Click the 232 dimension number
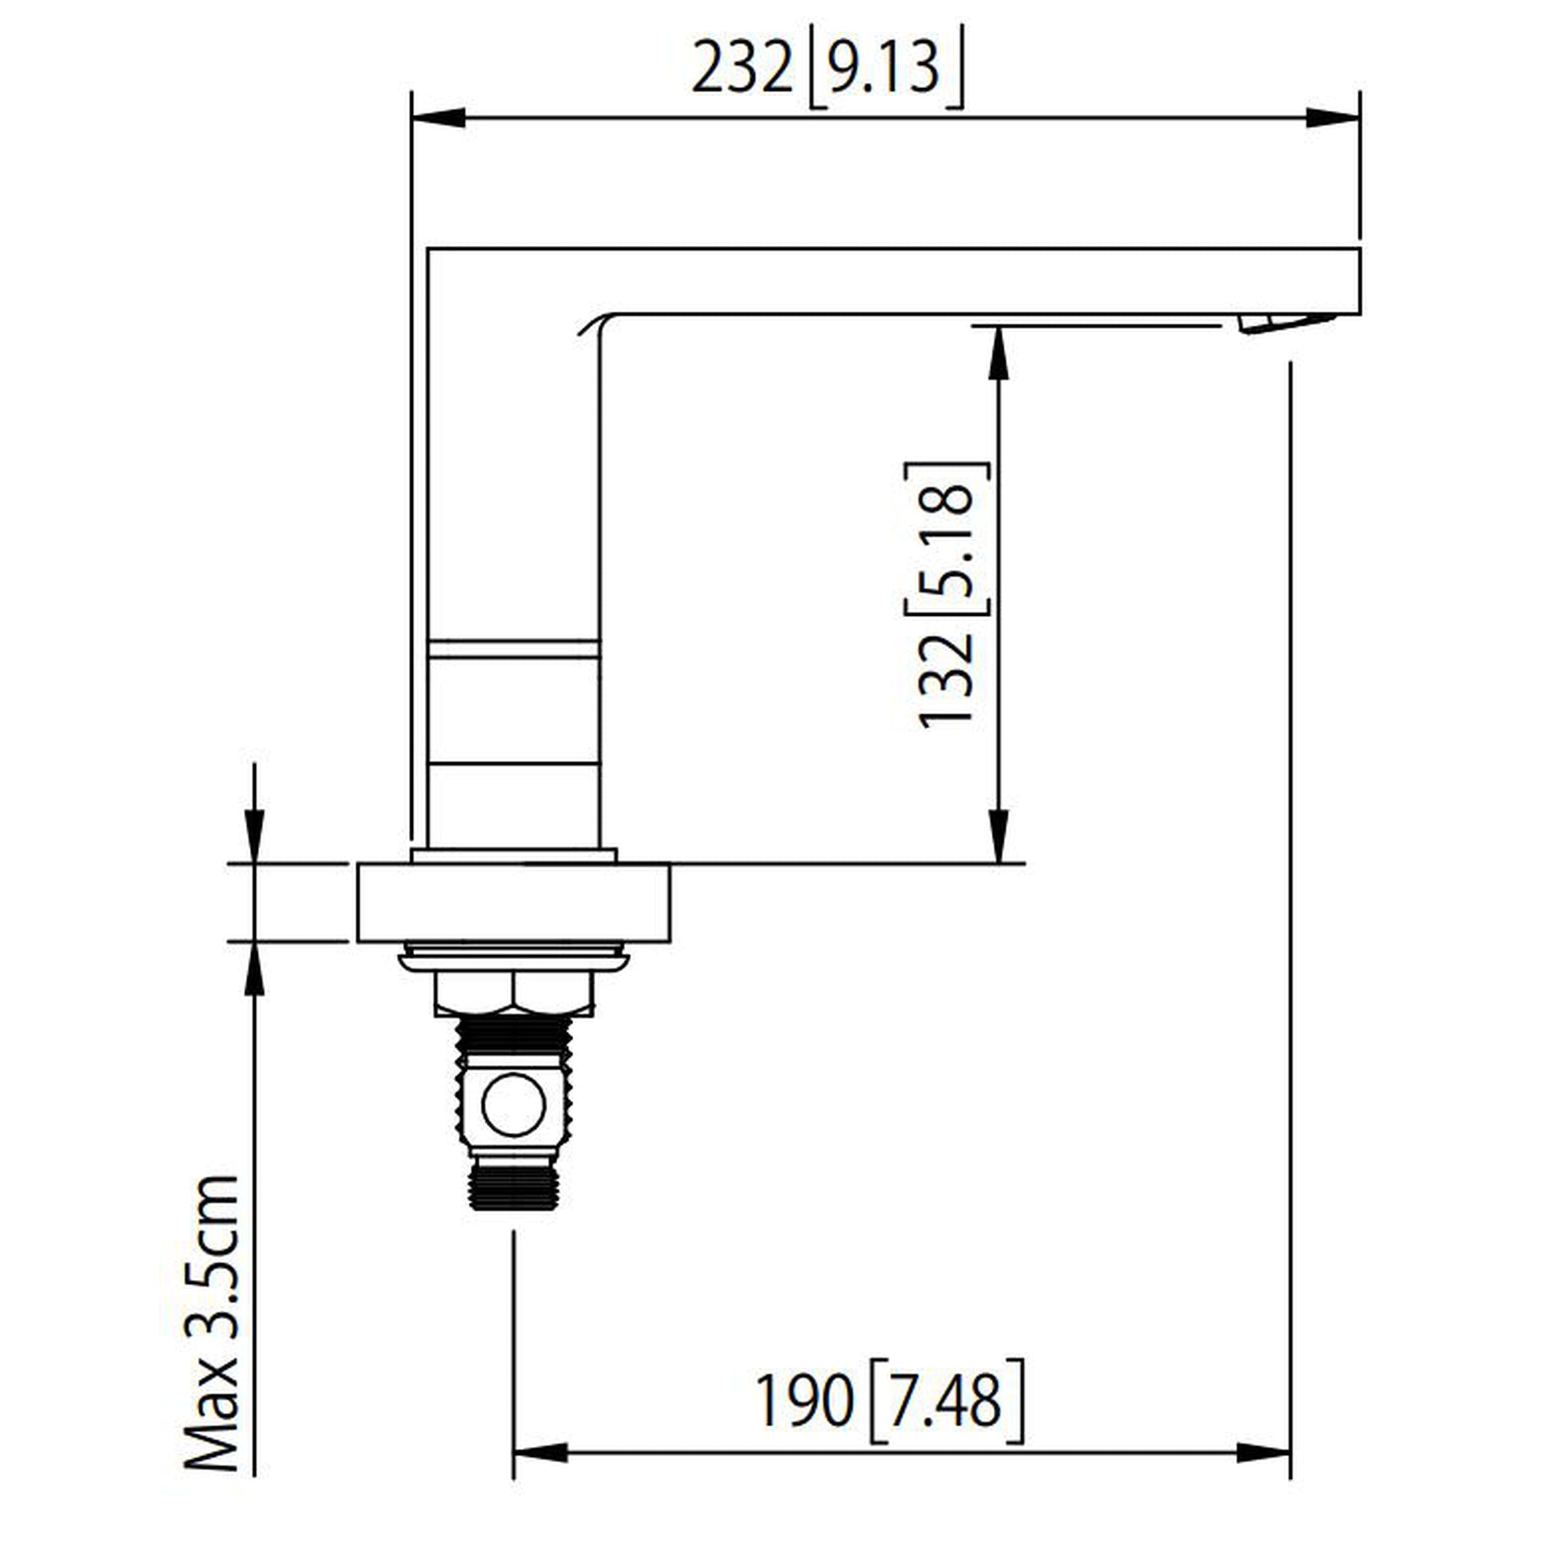point(742,69)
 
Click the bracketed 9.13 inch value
point(884,69)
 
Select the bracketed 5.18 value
point(947,539)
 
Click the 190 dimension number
point(803,1402)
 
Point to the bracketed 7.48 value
point(948,1402)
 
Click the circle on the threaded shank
point(513,1104)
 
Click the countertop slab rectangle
point(514,902)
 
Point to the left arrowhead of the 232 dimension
point(438,117)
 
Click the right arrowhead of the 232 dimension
point(1333,117)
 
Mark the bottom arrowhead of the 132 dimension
point(998,837)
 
